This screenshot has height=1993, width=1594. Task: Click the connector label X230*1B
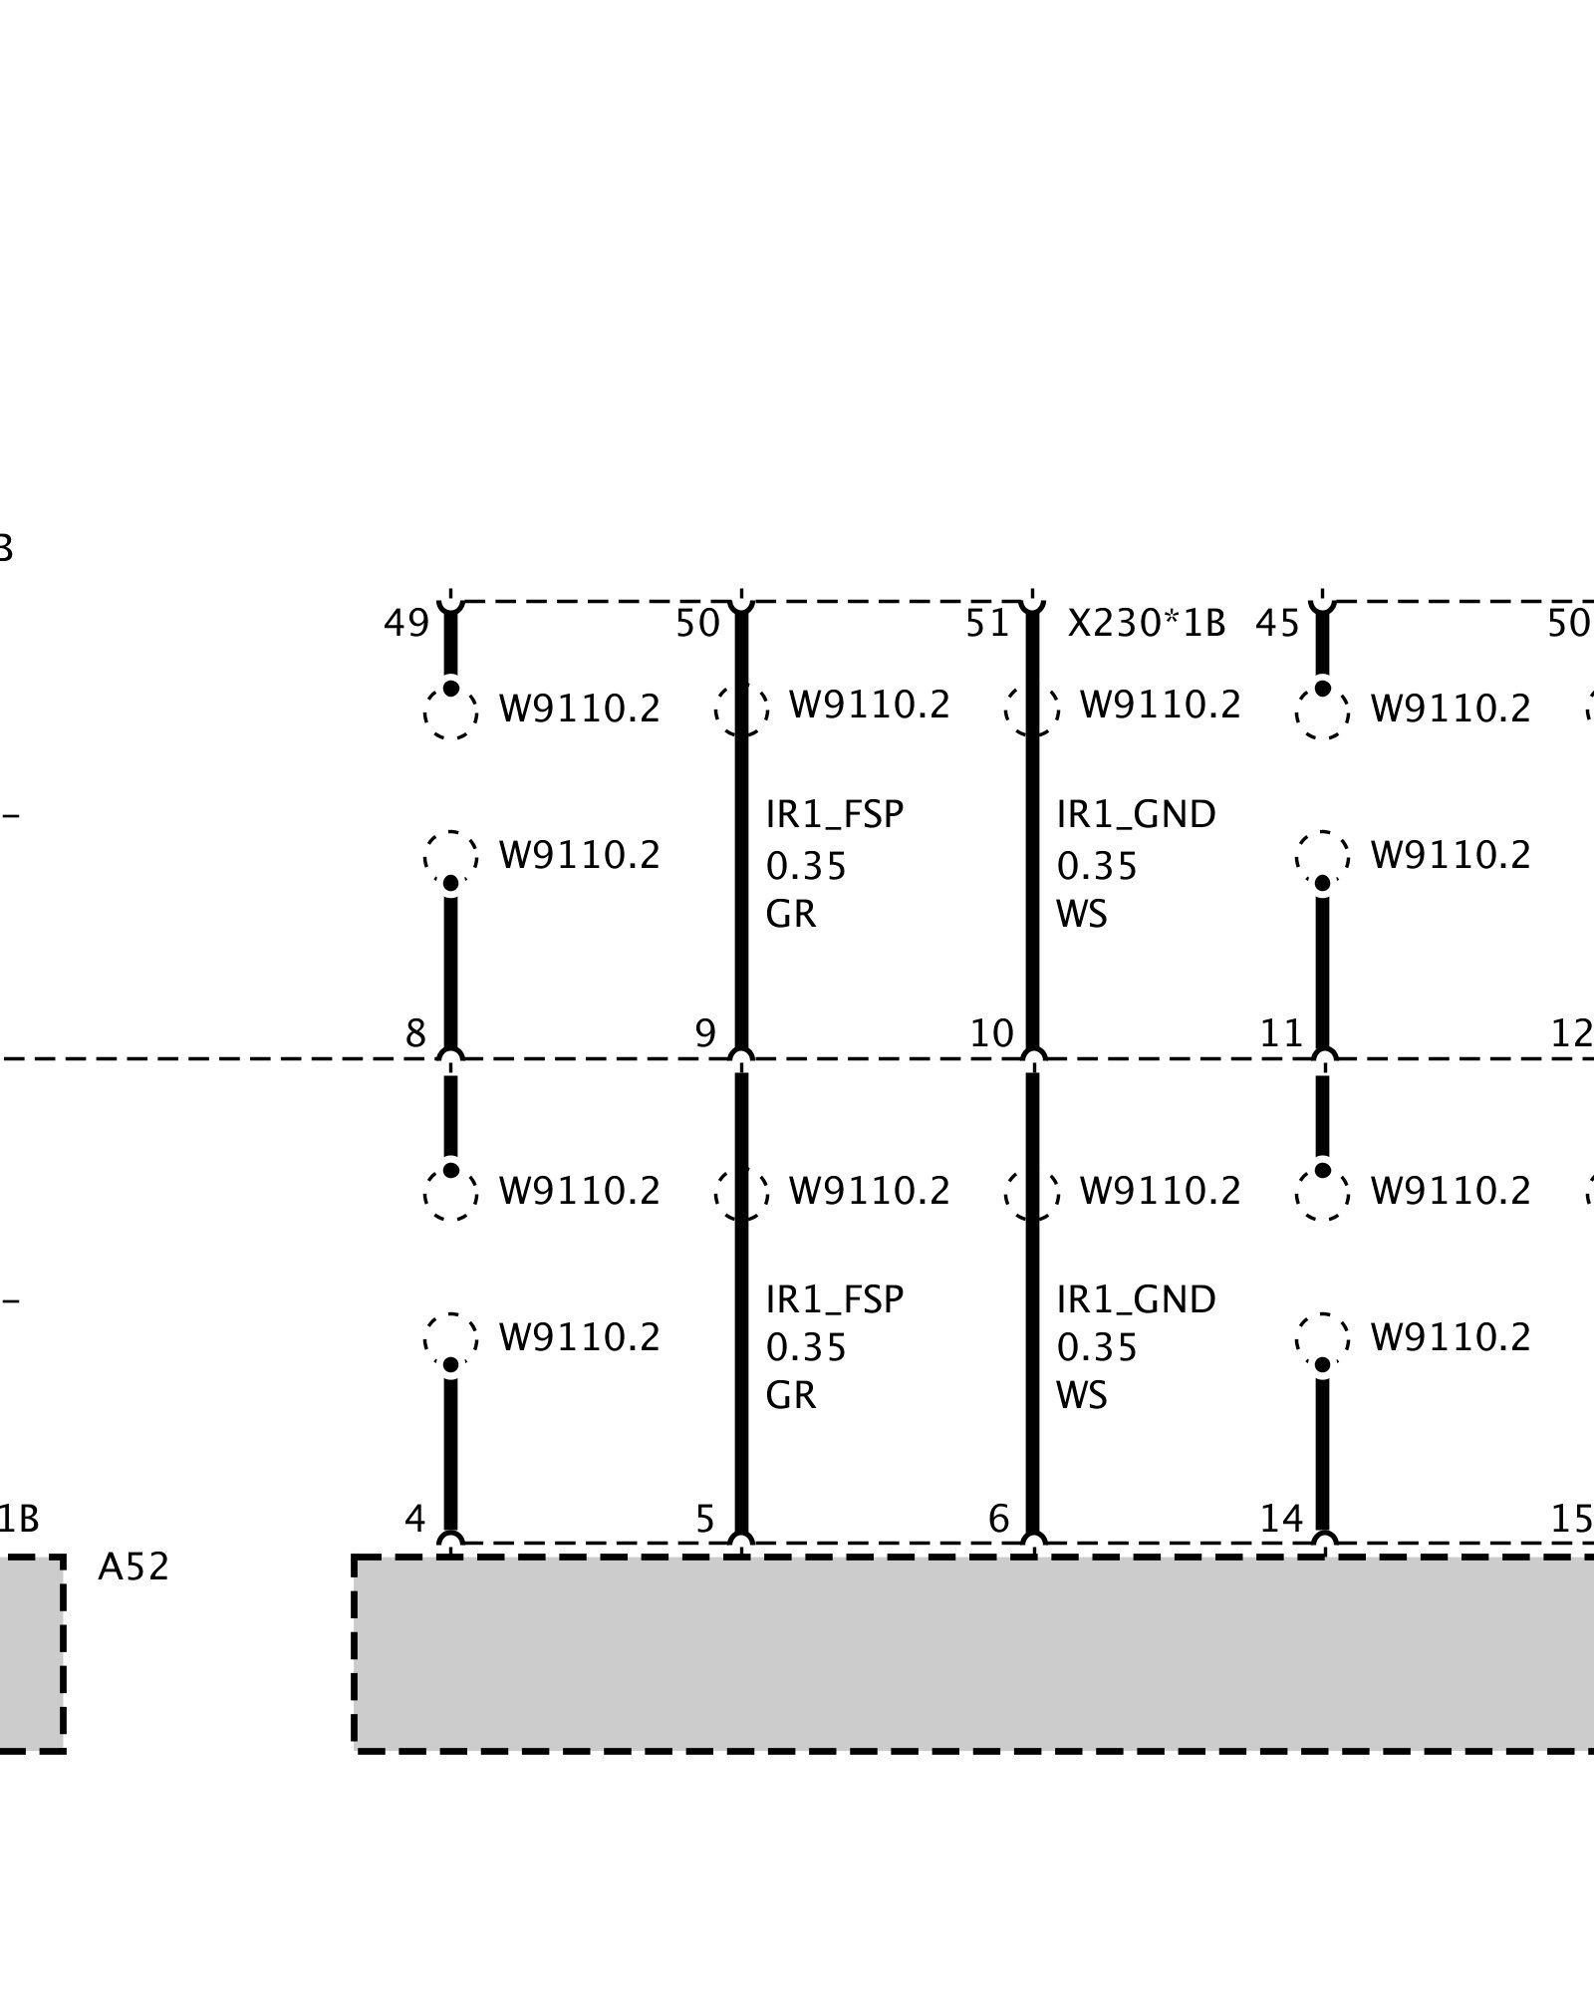point(1146,624)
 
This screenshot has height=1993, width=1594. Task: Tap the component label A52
point(133,1567)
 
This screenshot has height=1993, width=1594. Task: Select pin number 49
point(406,624)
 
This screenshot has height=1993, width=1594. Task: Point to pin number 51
point(987,624)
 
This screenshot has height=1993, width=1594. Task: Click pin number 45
point(1277,624)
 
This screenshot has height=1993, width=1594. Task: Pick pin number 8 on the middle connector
point(415,1033)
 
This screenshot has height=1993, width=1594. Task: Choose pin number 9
point(705,1033)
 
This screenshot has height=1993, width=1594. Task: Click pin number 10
point(991,1033)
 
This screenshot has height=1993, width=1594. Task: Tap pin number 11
point(1281,1033)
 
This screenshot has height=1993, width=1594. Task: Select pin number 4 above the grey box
point(415,1518)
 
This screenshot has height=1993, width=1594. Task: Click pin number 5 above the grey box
point(705,1518)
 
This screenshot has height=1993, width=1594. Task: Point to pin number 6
point(998,1518)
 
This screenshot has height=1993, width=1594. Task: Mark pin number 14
point(1281,1518)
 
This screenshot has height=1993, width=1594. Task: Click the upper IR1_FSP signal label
point(834,815)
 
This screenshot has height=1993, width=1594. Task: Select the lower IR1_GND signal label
point(1136,1299)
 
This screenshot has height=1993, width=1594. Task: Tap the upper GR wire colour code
point(791,914)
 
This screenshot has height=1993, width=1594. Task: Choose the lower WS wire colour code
point(1082,1395)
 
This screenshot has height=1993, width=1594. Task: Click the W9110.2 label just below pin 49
point(579,709)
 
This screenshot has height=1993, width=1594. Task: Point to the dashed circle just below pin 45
point(1322,712)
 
